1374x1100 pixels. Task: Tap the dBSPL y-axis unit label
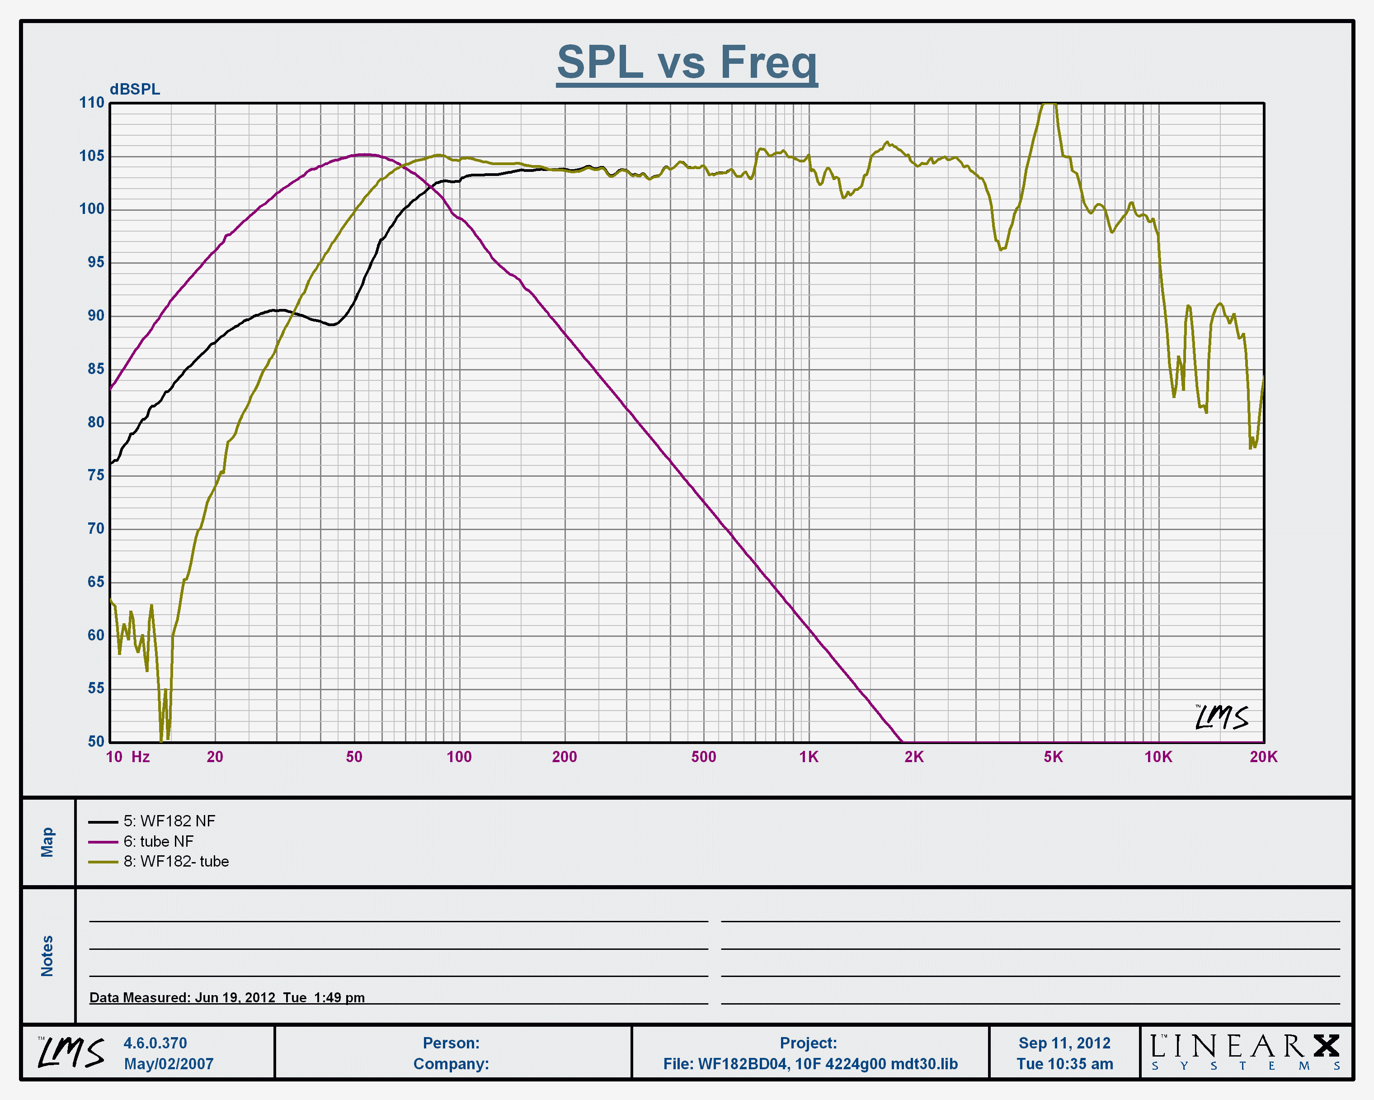135,89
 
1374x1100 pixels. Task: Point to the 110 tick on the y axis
92,103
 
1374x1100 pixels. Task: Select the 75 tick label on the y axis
96,475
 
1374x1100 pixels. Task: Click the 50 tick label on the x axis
354,757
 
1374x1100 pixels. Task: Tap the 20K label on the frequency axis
1263,757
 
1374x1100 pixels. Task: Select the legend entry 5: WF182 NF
169,821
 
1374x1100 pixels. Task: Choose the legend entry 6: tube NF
158,842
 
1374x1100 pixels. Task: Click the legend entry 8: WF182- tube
176,862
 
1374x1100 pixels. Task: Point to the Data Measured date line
227,997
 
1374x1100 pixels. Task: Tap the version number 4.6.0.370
155,1043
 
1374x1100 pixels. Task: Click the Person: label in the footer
451,1043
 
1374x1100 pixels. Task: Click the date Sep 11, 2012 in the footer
1064,1043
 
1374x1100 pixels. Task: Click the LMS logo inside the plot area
1221,717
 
